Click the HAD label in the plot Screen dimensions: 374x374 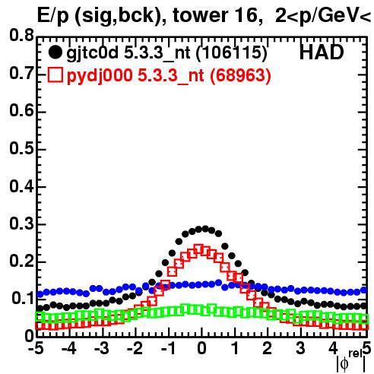[322, 52]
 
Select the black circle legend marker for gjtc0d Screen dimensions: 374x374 [55, 52]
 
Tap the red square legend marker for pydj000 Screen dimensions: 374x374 [55, 74]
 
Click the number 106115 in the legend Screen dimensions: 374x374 [232, 52]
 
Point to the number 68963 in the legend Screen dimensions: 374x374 [240, 75]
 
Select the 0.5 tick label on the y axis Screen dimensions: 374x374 [21, 148]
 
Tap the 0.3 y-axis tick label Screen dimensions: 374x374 [21, 224]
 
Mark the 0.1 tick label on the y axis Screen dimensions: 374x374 [23, 299]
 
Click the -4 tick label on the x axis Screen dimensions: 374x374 [69, 349]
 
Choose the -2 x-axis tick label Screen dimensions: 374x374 [135, 349]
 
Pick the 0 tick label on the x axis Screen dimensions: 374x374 [201, 349]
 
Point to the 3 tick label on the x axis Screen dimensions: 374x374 [300, 349]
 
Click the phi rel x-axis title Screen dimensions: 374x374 [351, 361]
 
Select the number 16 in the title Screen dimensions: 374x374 [249, 15]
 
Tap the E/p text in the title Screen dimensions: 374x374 [53, 16]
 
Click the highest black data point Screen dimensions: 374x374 [205, 229]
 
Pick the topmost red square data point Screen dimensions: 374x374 [198, 249]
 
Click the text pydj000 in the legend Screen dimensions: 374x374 [100, 75]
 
